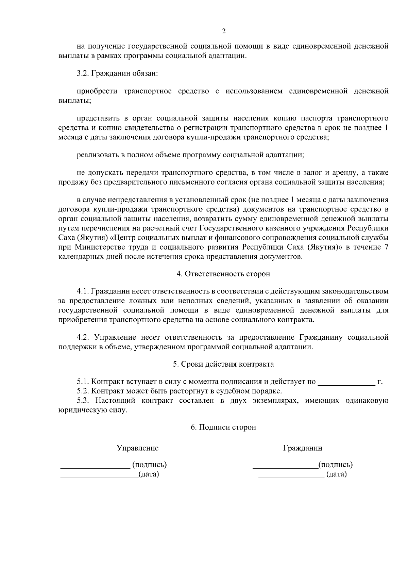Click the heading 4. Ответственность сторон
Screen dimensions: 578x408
[223, 274]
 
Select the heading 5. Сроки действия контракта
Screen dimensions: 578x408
[223, 364]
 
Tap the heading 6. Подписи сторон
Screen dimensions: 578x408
[223, 427]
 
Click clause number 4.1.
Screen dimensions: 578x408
[83, 292]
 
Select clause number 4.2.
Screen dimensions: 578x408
[83, 337]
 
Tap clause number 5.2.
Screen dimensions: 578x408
[83, 391]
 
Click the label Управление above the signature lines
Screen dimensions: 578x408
[138, 448]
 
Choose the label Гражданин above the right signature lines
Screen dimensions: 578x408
[303, 448]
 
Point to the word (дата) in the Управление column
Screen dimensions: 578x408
[149, 474]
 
